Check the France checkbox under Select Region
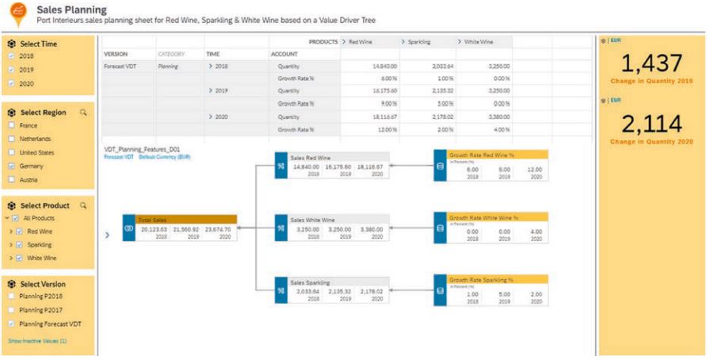[10, 125]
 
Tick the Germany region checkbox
[10, 166]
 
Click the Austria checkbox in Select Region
[10, 180]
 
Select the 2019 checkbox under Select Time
[10, 70]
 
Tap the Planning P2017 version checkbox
[10, 310]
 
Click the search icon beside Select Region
[83, 112]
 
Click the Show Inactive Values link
[37, 340]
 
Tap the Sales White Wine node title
[311, 219]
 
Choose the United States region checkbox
[10, 152]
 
